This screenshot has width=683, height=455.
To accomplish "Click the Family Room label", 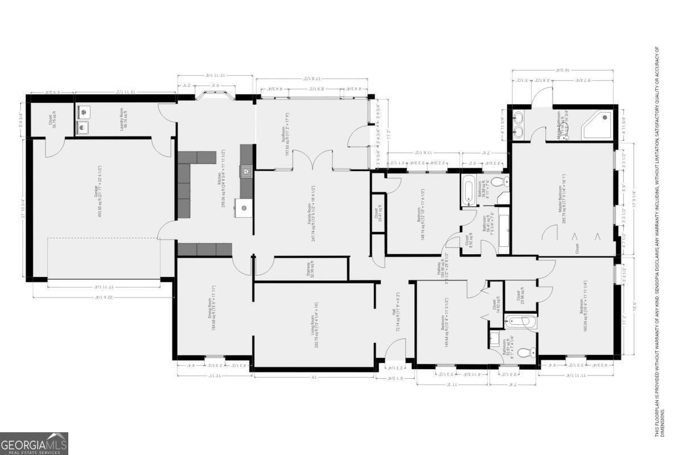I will [x=312, y=213].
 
